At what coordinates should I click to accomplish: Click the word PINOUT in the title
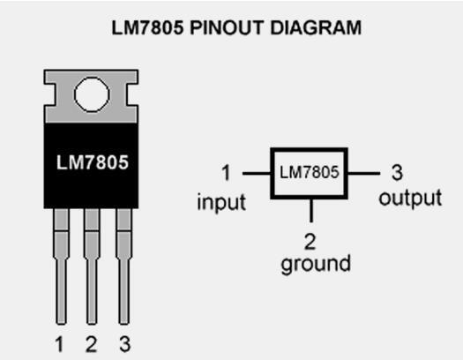[x=227, y=27]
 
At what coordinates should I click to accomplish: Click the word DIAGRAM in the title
[x=316, y=27]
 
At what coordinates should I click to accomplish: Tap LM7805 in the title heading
[x=147, y=27]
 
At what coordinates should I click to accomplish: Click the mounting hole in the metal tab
[x=92, y=94]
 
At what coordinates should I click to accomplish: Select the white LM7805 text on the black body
[x=93, y=162]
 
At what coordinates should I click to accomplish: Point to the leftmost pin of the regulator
[x=61, y=266]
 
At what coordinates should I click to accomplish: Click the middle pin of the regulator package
[x=92, y=266]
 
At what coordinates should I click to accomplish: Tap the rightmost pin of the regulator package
[x=124, y=266]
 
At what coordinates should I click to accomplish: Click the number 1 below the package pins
[x=60, y=344]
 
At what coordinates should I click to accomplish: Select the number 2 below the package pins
[x=91, y=344]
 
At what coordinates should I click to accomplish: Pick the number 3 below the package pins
[x=125, y=343]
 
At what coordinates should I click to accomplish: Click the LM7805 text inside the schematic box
[x=310, y=172]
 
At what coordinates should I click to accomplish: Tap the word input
[x=221, y=203]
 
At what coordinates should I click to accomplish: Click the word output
[x=410, y=199]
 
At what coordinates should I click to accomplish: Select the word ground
[x=316, y=264]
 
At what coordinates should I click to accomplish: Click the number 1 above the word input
[x=226, y=173]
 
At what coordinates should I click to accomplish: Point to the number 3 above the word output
[x=397, y=172]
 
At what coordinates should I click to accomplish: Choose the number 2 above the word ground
[x=310, y=242]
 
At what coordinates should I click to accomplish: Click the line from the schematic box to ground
[x=311, y=210]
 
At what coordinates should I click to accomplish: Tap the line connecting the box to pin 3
[x=363, y=173]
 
